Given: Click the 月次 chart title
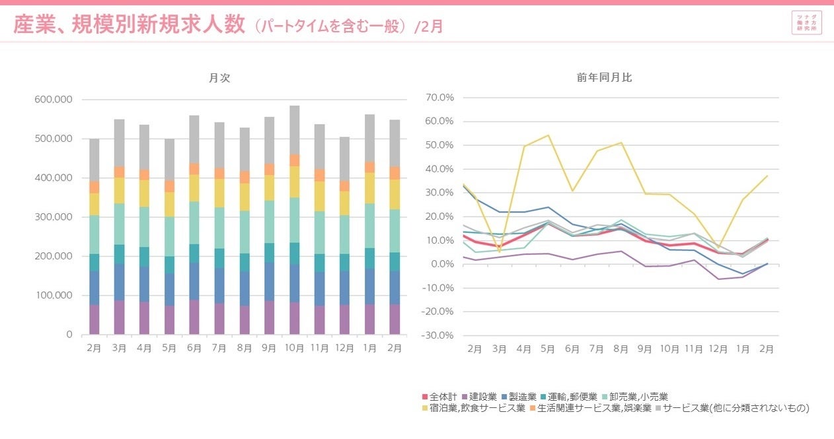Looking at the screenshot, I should (219, 77).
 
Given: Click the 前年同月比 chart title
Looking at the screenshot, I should (604, 77).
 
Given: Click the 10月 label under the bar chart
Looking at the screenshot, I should (294, 347).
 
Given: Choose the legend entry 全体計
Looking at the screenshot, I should (439, 397).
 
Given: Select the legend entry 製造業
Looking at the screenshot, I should (519, 397).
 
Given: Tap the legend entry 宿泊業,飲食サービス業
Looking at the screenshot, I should (473, 409).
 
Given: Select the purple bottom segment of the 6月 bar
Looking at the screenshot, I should (194, 318).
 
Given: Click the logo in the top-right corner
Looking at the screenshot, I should (806, 22).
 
